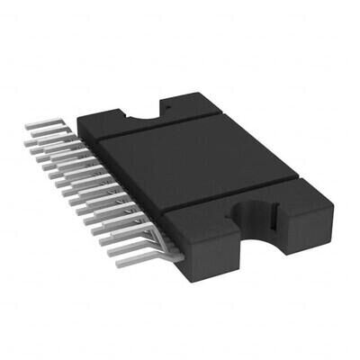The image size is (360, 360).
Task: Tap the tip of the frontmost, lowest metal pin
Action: (x=112, y=253)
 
